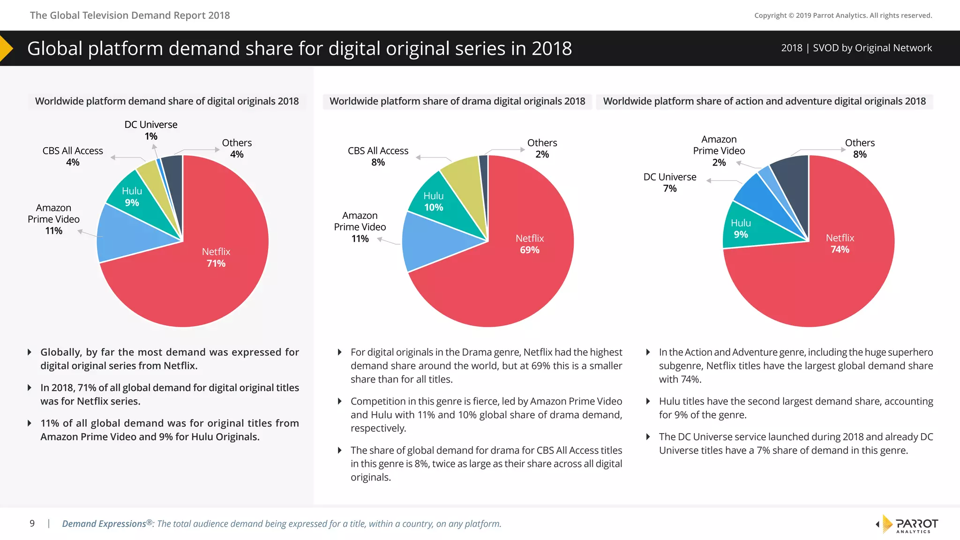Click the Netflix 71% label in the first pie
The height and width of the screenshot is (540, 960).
click(216, 257)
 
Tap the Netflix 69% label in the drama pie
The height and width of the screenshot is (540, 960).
click(530, 244)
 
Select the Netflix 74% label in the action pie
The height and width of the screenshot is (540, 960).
click(840, 244)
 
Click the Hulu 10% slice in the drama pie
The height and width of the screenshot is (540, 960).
click(434, 202)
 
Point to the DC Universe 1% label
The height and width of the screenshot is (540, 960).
click(151, 130)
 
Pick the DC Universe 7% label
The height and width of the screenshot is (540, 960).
click(670, 182)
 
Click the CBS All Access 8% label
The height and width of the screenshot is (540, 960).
click(378, 156)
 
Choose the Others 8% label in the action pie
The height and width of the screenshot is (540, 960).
click(860, 148)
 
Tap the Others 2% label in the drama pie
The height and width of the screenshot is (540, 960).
click(542, 148)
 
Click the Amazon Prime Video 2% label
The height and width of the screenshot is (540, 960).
click(719, 150)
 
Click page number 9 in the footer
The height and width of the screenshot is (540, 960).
click(32, 524)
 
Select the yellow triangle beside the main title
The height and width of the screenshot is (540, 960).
click(6, 48)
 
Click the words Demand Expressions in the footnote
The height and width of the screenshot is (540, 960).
click(104, 524)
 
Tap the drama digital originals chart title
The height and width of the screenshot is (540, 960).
click(457, 101)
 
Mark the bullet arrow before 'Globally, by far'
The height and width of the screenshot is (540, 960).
click(30, 352)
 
